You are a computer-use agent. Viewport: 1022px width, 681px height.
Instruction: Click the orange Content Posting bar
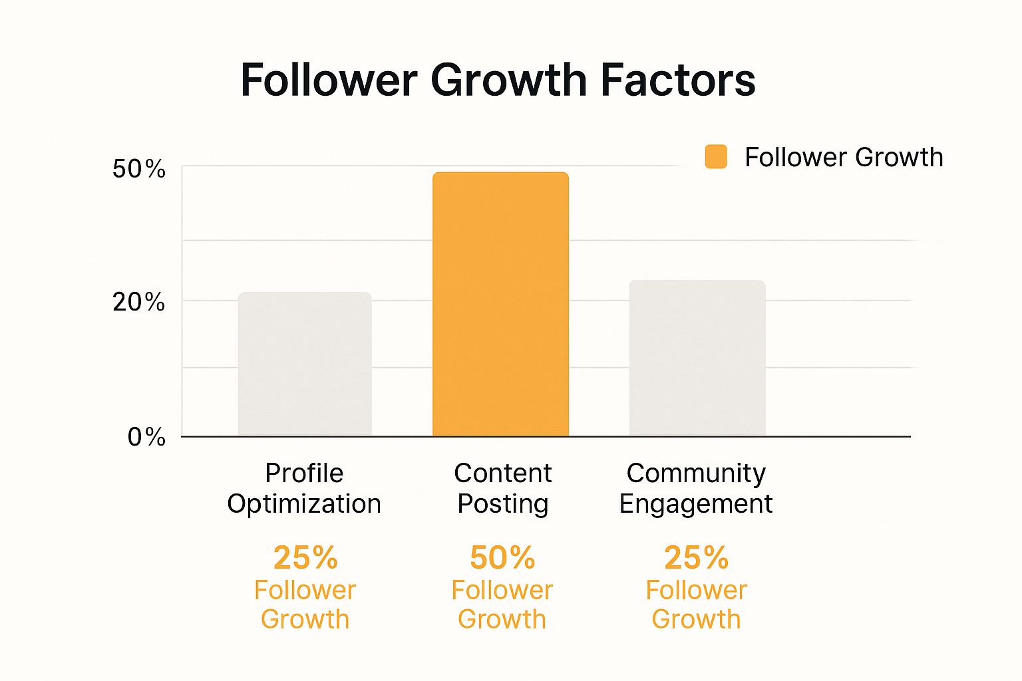pyautogui.click(x=500, y=305)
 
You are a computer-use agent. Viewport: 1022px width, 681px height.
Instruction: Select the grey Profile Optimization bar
pyautogui.click(x=305, y=364)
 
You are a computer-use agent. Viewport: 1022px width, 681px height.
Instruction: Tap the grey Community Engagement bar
pyautogui.click(x=697, y=358)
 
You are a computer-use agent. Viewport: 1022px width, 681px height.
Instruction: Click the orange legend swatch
pyautogui.click(x=716, y=157)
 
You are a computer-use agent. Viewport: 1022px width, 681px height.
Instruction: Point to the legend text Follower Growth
pyautogui.click(x=844, y=158)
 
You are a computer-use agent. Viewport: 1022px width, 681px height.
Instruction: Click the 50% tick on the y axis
pyautogui.click(x=138, y=169)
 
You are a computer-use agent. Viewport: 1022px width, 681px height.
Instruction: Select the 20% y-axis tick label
pyautogui.click(x=138, y=303)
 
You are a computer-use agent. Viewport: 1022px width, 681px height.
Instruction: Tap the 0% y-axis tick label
pyautogui.click(x=146, y=437)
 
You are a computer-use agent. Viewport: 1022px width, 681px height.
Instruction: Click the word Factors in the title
pyautogui.click(x=678, y=80)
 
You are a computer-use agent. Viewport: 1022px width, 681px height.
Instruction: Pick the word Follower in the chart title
pyautogui.click(x=329, y=80)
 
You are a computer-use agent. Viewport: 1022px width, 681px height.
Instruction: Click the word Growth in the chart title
pyautogui.click(x=508, y=80)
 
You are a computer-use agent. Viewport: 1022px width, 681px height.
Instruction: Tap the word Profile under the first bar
pyautogui.click(x=304, y=474)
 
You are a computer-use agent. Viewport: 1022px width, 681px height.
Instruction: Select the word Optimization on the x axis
pyautogui.click(x=304, y=504)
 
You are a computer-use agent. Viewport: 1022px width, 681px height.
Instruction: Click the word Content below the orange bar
pyautogui.click(x=502, y=474)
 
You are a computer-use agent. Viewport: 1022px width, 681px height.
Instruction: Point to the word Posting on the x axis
pyautogui.click(x=502, y=504)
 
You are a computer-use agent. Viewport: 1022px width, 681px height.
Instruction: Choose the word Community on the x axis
pyautogui.click(x=696, y=474)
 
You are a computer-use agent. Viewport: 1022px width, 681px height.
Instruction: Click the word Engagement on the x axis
pyautogui.click(x=696, y=504)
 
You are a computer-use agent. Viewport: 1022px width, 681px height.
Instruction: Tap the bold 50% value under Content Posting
pyautogui.click(x=502, y=557)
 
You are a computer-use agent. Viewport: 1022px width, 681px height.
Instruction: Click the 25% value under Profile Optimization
pyautogui.click(x=305, y=557)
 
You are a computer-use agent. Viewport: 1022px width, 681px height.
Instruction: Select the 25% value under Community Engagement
pyautogui.click(x=696, y=557)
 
